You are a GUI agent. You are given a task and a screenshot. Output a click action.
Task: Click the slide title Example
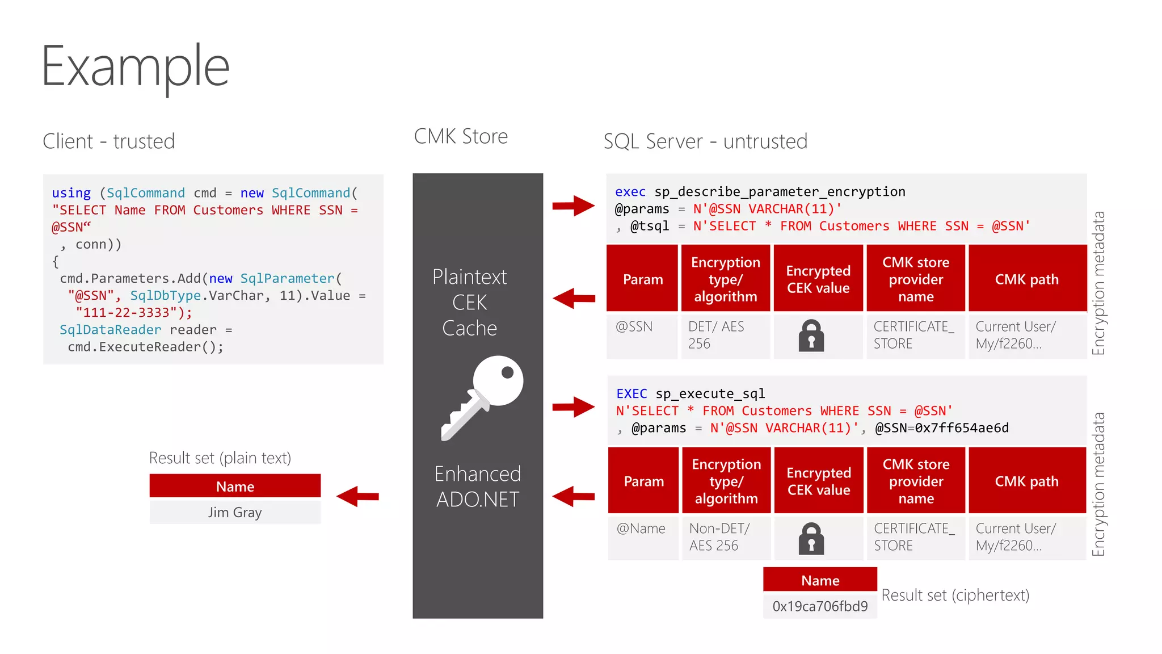[136, 67]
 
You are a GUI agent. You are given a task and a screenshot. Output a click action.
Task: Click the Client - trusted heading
[109, 141]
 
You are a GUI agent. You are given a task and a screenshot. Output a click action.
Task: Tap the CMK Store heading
[461, 137]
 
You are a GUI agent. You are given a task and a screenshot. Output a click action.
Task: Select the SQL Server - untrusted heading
[705, 141]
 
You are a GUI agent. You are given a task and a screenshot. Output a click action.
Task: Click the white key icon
[483, 397]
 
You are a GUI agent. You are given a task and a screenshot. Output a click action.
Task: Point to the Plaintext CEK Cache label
[470, 303]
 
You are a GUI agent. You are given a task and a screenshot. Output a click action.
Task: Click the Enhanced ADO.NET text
[477, 487]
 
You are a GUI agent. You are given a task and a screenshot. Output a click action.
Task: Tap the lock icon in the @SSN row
[811, 336]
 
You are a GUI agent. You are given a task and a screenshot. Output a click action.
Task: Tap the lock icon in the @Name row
[811, 538]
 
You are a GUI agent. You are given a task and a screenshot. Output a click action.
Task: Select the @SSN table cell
[642, 335]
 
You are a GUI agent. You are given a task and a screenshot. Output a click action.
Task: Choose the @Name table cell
[643, 536]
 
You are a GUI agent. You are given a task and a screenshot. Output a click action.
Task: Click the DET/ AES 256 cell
[725, 335]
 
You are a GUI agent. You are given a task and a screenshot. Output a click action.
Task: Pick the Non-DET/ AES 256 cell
[726, 536]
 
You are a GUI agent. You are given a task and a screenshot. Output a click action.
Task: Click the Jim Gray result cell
[235, 512]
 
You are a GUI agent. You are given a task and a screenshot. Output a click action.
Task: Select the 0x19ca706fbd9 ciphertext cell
[820, 606]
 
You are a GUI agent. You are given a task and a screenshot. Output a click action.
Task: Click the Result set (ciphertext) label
[955, 595]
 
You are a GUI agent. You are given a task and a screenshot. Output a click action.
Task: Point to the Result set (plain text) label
[220, 458]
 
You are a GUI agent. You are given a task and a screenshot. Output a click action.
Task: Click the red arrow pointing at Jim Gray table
[357, 496]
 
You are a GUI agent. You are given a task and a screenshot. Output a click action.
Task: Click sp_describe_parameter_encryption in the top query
[780, 192]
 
